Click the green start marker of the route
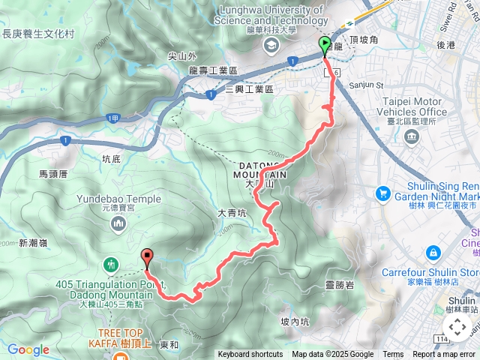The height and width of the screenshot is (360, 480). click(x=324, y=45)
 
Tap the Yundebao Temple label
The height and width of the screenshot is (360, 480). click(x=118, y=199)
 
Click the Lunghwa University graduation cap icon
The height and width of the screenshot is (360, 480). click(x=268, y=46)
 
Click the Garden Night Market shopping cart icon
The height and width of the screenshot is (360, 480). click(x=383, y=194)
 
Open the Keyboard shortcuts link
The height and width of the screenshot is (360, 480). click(x=250, y=355)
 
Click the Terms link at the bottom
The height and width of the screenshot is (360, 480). click(x=393, y=355)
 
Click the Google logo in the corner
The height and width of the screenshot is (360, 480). click(x=28, y=349)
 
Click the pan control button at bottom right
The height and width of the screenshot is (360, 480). click(x=457, y=327)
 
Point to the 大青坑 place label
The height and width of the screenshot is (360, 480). click(x=232, y=214)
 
